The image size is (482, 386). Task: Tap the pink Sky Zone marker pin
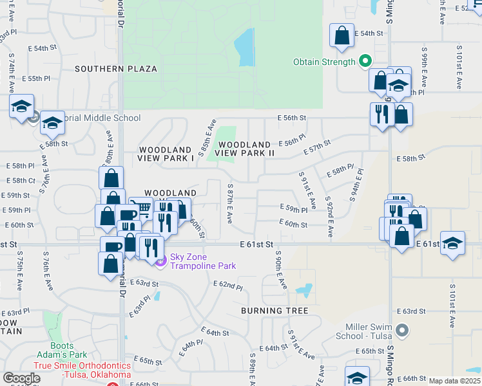click(x=160, y=260)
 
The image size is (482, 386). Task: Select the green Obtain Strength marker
click(x=365, y=62)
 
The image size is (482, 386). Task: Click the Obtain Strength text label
click(x=324, y=62)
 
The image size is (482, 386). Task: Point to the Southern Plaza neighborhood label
click(x=115, y=68)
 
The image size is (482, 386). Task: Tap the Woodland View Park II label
click(x=244, y=149)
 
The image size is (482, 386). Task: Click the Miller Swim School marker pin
click(x=402, y=331)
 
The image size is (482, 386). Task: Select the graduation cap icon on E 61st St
click(x=453, y=243)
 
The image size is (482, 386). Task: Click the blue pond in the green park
click(x=245, y=48)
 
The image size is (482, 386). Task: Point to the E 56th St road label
click(x=291, y=118)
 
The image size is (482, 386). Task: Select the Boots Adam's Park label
click(x=68, y=350)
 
